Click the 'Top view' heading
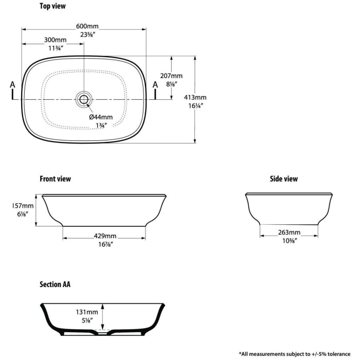tap(52, 6)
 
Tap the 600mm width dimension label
tap(87, 26)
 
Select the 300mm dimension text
tap(55, 40)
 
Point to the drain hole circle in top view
tap(84, 99)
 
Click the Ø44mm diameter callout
tap(101, 117)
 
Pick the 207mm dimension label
tap(171, 76)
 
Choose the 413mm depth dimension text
tap(195, 97)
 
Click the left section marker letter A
tap(13, 85)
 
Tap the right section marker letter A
tap(155, 85)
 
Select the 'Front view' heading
tap(55, 179)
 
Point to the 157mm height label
tap(23, 206)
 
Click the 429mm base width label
tap(105, 236)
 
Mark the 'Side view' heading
tap(284, 179)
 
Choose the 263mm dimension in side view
tap(289, 232)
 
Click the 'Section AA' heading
tap(55, 284)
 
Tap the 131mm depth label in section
tap(87, 312)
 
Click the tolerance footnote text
tap(295, 354)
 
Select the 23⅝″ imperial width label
tap(88, 34)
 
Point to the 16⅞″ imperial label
tap(105, 244)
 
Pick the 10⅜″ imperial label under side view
tap(290, 241)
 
